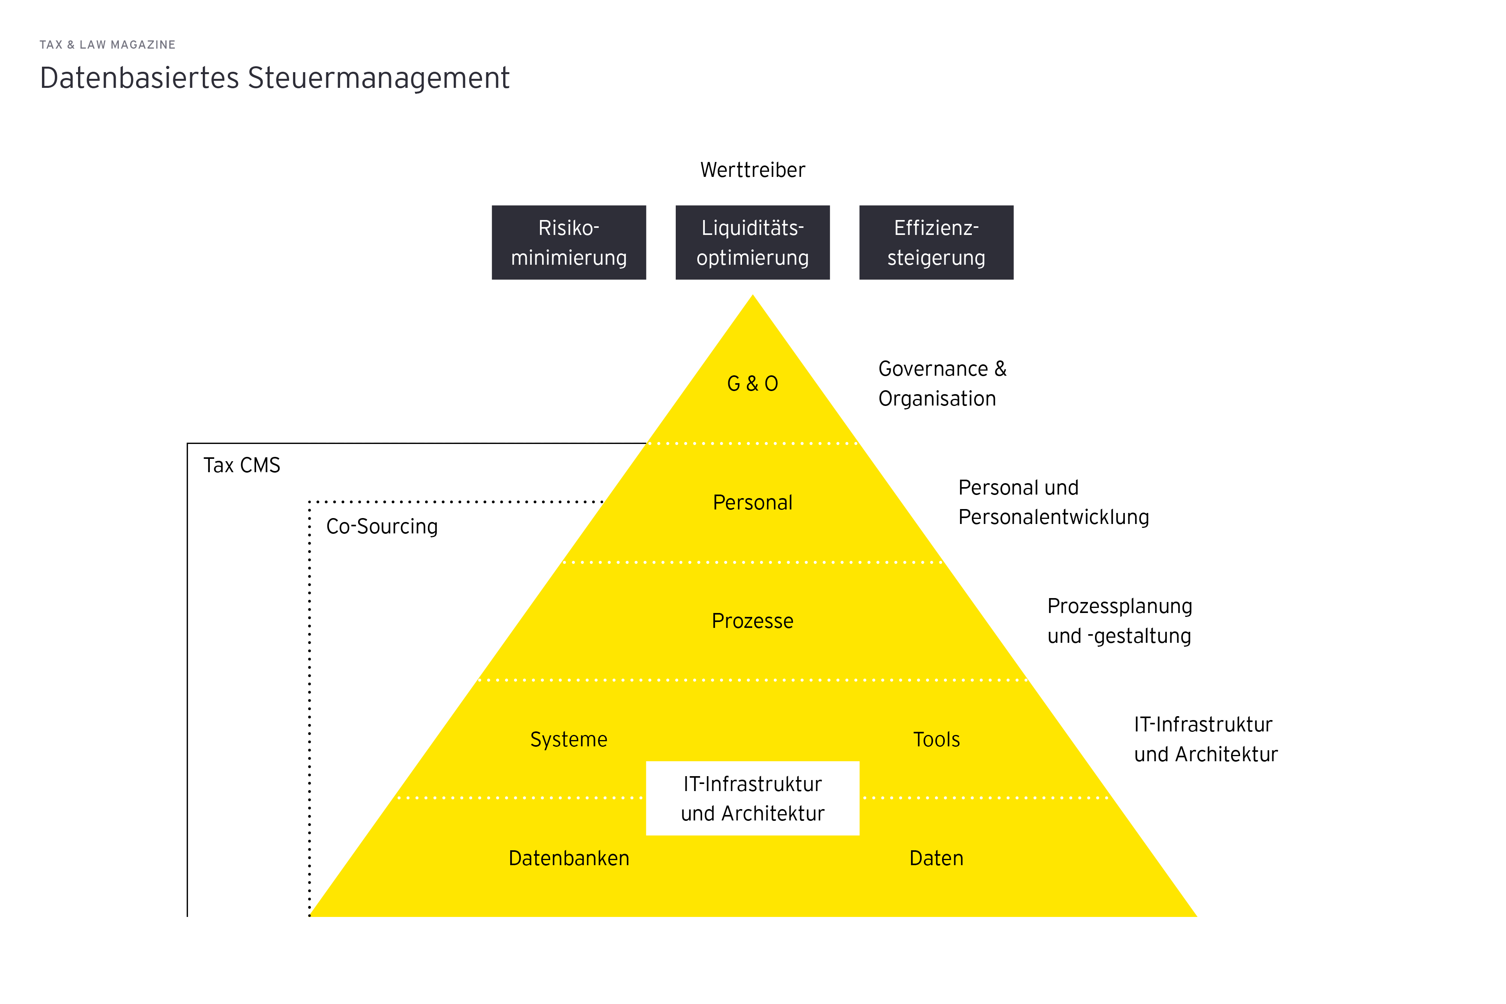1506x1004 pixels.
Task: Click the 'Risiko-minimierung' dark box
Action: click(569, 243)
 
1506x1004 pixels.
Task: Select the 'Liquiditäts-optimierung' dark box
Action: click(752, 243)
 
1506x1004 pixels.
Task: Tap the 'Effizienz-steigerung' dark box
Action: click(936, 243)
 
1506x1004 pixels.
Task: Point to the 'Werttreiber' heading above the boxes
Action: click(752, 170)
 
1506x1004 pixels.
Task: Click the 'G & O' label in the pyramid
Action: click(752, 384)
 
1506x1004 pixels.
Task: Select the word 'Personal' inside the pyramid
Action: click(752, 503)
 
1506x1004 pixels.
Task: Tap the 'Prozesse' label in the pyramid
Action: click(752, 621)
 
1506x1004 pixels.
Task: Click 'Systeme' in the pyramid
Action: click(569, 740)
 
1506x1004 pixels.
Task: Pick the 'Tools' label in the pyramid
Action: click(936, 740)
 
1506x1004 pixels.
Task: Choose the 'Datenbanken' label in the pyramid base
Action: click(569, 858)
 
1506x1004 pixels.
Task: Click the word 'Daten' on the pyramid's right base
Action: click(936, 858)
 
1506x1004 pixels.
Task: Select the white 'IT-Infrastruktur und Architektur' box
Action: click(752, 798)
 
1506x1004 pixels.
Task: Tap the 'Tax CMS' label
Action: click(242, 466)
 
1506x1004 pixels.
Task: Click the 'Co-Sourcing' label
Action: click(382, 526)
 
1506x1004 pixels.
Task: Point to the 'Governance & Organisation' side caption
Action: click(942, 384)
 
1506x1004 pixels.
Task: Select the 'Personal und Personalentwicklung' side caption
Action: click(1053, 503)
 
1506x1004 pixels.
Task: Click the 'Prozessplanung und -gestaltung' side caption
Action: click(1119, 621)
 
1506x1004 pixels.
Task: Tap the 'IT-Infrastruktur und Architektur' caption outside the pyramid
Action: click(1205, 740)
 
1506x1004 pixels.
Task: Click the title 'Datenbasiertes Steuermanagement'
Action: click(275, 78)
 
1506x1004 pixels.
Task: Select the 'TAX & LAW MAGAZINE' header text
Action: click(107, 45)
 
